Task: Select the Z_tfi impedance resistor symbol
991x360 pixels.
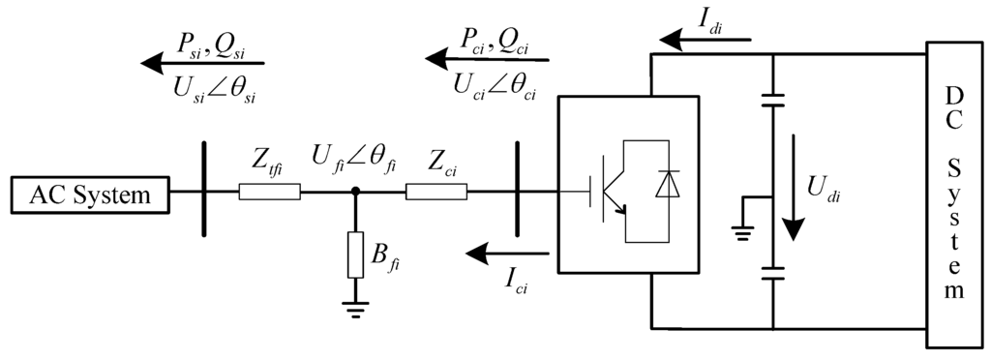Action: coord(269,194)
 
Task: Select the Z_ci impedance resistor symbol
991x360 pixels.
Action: coord(435,194)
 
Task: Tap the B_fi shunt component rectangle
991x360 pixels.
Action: coord(355,254)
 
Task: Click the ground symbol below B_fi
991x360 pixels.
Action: coord(355,307)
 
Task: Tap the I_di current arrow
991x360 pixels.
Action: coord(702,40)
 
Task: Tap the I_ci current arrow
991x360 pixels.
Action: coord(508,254)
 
